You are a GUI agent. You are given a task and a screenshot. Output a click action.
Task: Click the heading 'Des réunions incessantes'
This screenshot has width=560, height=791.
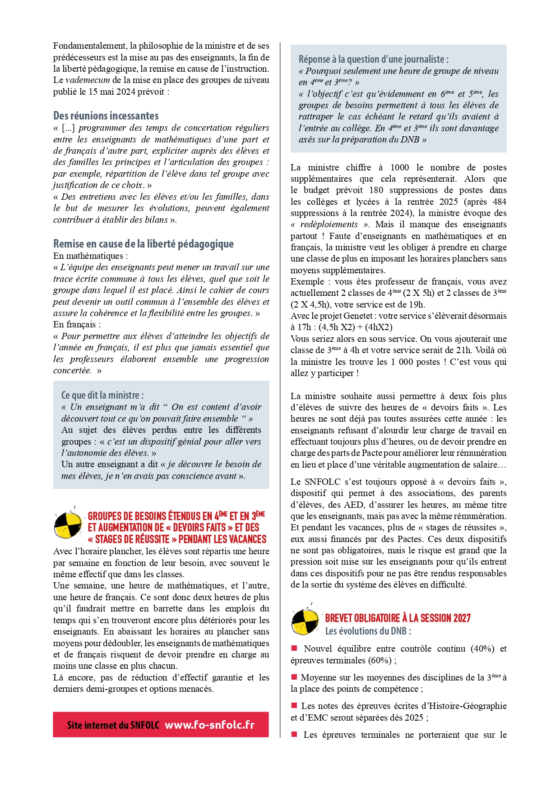(x=106, y=115)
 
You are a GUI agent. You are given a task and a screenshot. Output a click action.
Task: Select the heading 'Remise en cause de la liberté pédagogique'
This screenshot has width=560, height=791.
(x=143, y=244)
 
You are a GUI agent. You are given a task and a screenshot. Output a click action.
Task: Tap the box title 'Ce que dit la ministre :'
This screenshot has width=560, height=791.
(x=102, y=395)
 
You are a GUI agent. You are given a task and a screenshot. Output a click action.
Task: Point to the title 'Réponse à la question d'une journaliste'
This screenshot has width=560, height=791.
(x=373, y=59)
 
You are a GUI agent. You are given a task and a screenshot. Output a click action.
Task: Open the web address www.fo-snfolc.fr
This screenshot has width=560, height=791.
(x=209, y=725)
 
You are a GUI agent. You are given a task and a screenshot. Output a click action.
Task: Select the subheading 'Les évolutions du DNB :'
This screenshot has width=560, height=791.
(x=368, y=631)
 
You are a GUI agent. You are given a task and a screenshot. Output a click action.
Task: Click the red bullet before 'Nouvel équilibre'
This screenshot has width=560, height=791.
(x=294, y=648)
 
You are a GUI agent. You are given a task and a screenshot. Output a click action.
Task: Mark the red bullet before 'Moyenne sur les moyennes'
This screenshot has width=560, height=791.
(x=294, y=677)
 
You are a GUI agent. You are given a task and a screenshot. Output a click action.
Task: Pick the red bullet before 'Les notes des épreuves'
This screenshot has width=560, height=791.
(x=294, y=705)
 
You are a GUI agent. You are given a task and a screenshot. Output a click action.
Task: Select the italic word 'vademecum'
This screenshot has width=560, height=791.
(x=88, y=80)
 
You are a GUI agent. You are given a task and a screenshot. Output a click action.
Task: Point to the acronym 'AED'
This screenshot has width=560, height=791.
(x=345, y=505)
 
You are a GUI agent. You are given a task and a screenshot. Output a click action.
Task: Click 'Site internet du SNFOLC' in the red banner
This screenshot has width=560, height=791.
(x=113, y=725)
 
